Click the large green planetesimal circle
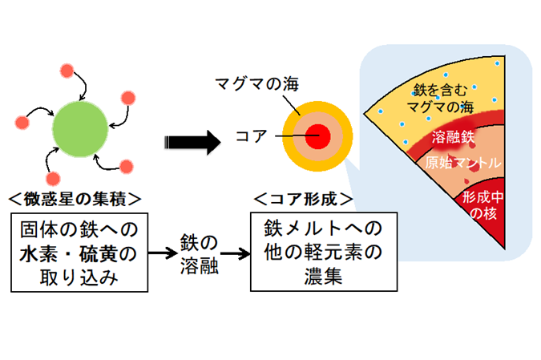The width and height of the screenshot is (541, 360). point(80,129)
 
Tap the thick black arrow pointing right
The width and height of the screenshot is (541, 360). point(192,142)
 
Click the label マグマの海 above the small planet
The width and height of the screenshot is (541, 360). point(256,84)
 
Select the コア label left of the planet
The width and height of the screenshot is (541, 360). point(252,136)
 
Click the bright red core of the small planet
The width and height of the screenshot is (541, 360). point(317,136)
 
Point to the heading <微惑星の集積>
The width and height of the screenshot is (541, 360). point(75,199)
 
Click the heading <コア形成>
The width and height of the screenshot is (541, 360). point(304,199)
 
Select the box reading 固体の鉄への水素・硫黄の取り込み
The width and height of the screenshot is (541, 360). point(79,253)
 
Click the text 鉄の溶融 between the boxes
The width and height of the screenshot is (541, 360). point(199,254)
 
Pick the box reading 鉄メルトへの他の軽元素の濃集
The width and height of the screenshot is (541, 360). point(324,252)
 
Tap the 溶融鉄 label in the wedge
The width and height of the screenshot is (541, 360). point(453,137)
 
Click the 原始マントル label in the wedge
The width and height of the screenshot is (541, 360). point(462,163)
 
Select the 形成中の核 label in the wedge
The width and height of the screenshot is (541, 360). point(482,205)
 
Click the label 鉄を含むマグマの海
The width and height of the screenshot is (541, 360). point(440,99)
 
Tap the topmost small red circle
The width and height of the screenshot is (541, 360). point(67,71)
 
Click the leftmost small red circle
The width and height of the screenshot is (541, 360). point(22,123)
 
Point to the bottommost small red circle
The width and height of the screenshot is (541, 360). point(53,180)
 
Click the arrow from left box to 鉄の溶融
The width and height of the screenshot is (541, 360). point(163,253)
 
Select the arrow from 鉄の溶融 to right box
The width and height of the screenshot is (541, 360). point(235,254)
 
